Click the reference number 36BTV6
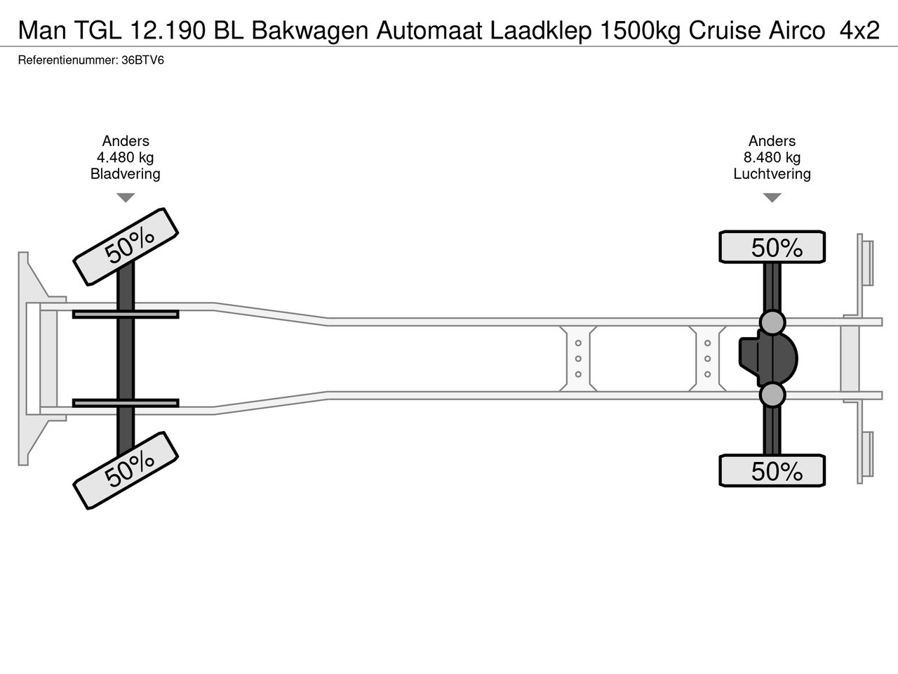[x=143, y=60]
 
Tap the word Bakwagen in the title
[x=309, y=31]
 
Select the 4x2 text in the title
[x=859, y=30]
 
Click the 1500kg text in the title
[x=640, y=31]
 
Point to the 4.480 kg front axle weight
[x=125, y=157]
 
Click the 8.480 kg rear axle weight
[x=772, y=157]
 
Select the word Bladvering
[x=125, y=174]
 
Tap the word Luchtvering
[x=772, y=174]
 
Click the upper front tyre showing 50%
[x=126, y=246]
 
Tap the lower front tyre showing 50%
[x=126, y=470]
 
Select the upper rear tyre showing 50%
[x=772, y=246]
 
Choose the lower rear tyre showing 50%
[x=772, y=470]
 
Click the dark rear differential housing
[x=768, y=359]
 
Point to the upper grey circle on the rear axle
[x=772, y=322]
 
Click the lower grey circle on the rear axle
[x=772, y=395]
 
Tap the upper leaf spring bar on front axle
[x=126, y=315]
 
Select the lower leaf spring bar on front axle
[x=126, y=403]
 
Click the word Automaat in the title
[x=429, y=31]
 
